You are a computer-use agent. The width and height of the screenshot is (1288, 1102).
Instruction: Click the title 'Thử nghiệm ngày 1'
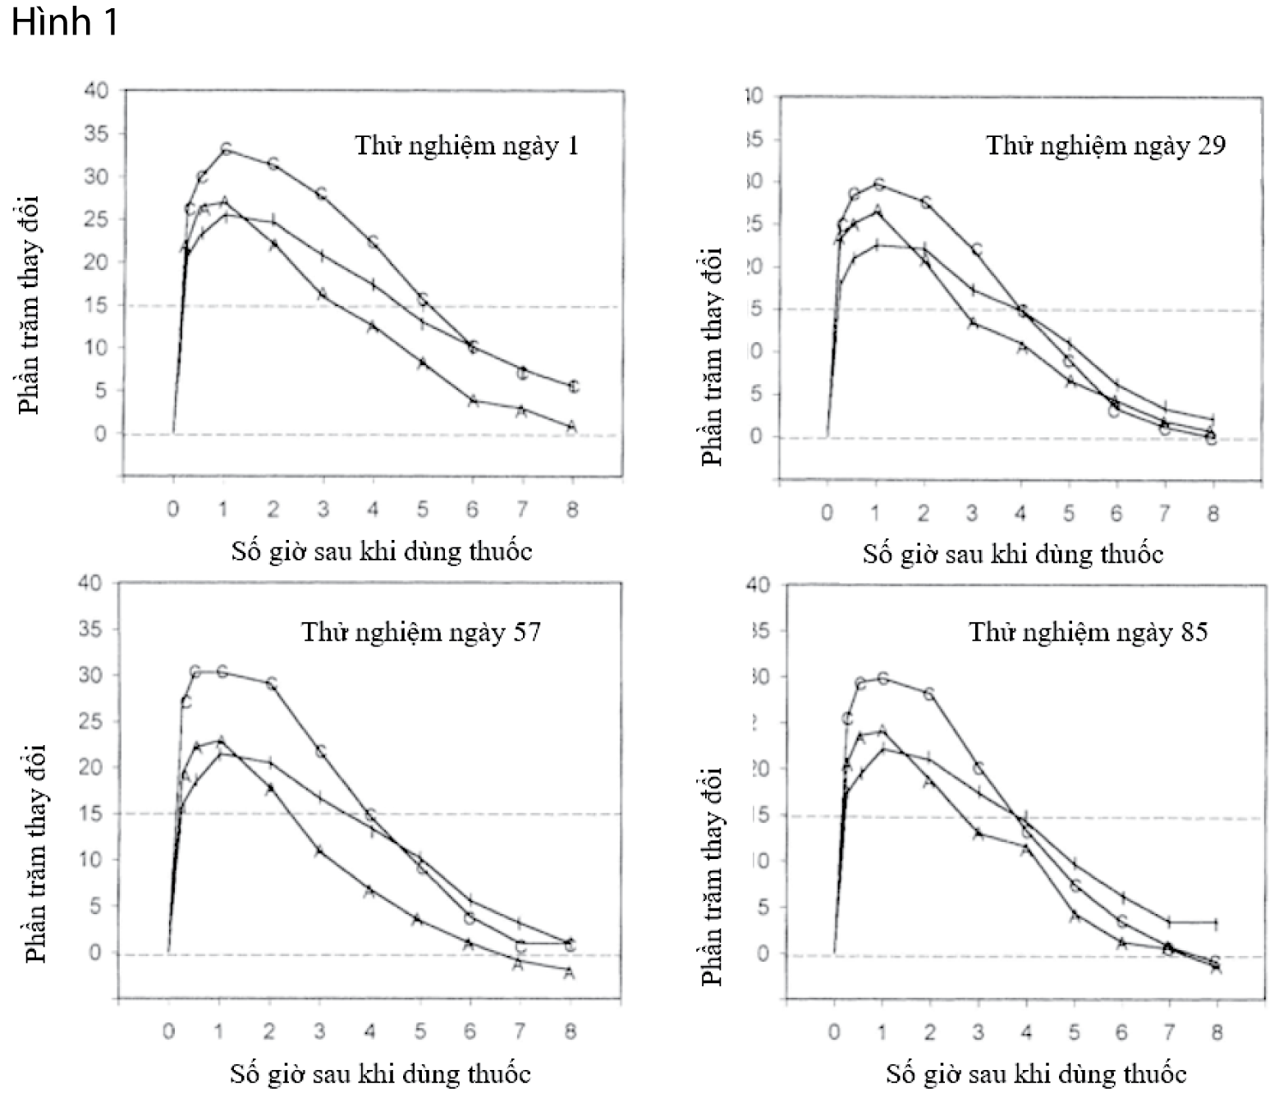[x=466, y=146]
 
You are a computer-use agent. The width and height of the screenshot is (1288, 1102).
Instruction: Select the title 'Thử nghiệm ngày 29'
[x=1105, y=146]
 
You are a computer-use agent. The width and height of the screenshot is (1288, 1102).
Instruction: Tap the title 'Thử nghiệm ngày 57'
[x=421, y=633]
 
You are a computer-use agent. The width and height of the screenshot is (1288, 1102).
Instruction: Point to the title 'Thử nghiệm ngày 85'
[x=1088, y=633]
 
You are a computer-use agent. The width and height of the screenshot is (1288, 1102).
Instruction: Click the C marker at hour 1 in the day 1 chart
[x=226, y=149]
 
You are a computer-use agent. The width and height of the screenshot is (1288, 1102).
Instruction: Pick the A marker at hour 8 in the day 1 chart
[x=572, y=426]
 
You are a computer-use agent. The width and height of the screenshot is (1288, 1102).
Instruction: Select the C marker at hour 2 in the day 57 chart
[x=272, y=683]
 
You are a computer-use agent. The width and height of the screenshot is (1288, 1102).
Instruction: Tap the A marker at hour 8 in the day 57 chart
[x=569, y=973]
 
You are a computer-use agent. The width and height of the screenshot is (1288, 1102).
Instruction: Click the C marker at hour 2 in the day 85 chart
[x=929, y=693]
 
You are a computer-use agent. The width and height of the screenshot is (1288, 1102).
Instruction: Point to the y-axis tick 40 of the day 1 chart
[x=96, y=90]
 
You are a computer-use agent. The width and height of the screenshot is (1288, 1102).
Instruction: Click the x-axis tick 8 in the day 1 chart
[x=572, y=510]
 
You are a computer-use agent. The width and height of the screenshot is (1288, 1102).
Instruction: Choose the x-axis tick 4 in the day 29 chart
[x=1020, y=514]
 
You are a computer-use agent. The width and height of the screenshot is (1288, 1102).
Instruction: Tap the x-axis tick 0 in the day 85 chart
[x=834, y=1032]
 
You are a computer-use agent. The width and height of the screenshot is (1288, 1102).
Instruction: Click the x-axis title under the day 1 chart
[x=381, y=551]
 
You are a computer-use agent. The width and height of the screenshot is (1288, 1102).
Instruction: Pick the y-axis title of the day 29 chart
[x=713, y=357]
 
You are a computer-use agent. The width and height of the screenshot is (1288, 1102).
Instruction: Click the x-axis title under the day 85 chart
[x=1036, y=1074]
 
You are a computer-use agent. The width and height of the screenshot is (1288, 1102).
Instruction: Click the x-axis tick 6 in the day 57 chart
[x=470, y=1031]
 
